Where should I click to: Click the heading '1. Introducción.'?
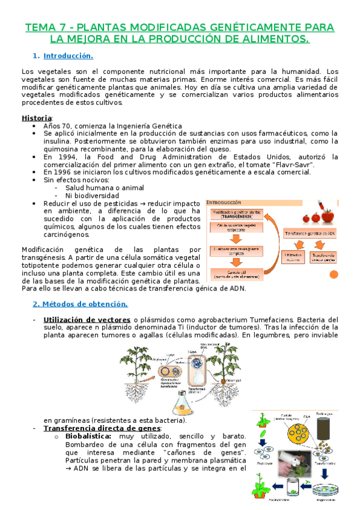(x=67, y=56)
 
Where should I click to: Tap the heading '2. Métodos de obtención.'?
(x=80, y=304)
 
